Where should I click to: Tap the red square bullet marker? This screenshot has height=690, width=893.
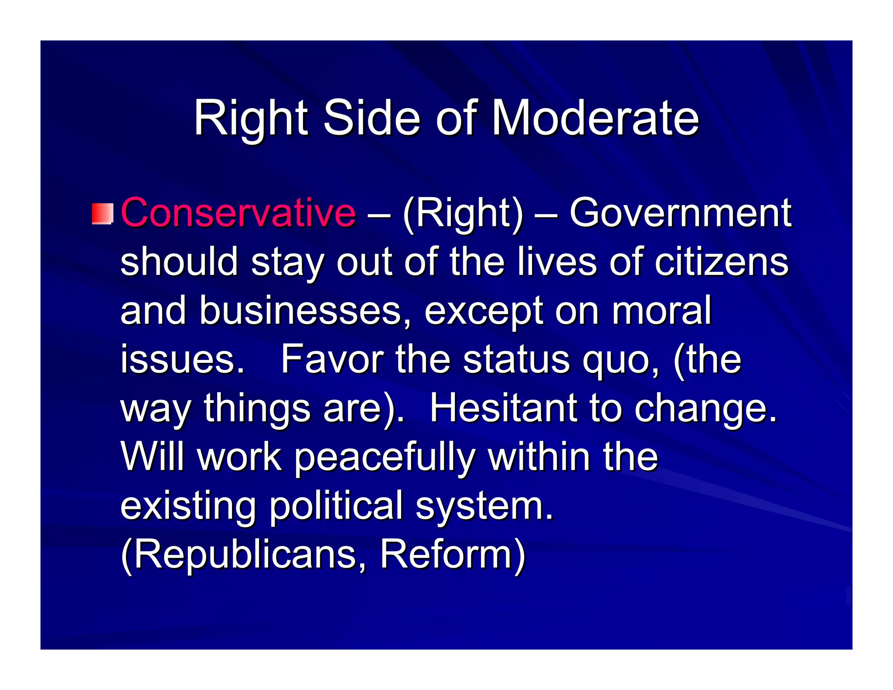102,213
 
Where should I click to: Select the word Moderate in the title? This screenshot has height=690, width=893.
595,118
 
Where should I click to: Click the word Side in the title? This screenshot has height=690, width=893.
372,118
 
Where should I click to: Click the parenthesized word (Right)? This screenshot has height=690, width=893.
463,213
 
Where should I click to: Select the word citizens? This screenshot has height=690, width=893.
721,262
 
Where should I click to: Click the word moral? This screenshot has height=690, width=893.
661,311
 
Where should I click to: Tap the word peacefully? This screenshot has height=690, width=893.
385,458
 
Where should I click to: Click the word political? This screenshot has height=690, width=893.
336,506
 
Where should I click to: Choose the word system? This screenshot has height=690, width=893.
484,506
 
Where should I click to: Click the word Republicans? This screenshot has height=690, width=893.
244,555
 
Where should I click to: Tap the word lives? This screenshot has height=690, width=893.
557,262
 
